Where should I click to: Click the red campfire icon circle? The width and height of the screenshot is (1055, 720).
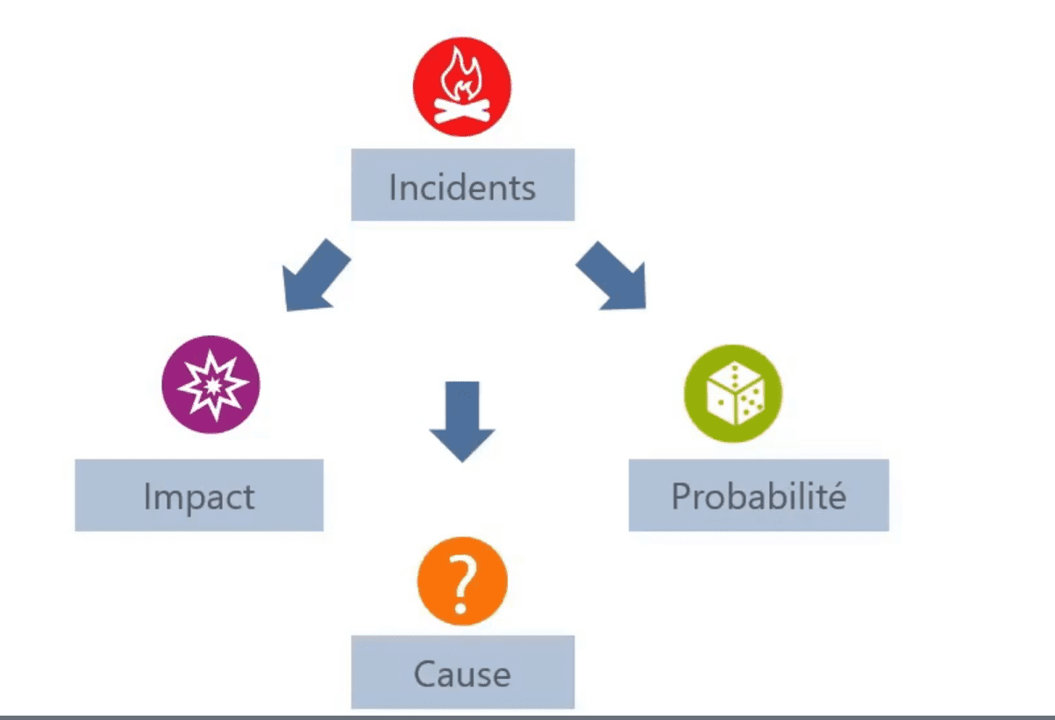(x=461, y=87)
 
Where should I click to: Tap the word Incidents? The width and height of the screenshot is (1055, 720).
(x=462, y=188)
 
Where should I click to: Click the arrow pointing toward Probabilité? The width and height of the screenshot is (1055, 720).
(x=611, y=276)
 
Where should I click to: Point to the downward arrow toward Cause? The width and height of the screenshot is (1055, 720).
(x=462, y=422)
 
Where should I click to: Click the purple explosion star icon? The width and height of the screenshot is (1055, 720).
(x=210, y=384)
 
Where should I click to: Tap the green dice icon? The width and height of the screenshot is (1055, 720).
(x=733, y=393)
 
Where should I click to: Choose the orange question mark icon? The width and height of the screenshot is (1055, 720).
(x=462, y=581)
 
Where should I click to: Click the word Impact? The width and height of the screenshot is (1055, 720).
(x=199, y=496)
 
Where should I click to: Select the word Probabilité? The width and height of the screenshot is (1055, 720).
(x=759, y=495)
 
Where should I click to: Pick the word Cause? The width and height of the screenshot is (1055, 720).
(x=462, y=674)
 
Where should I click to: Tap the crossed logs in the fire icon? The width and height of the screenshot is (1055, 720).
(x=461, y=111)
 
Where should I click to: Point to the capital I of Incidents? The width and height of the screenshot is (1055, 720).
(x=392, y=188)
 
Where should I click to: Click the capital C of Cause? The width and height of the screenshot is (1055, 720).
(x=424, y=674)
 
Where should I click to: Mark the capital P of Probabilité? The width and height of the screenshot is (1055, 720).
(x=681, y=495)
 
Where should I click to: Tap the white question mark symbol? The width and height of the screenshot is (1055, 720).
(x=461, y=583)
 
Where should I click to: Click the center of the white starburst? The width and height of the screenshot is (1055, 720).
(x=213, y=386)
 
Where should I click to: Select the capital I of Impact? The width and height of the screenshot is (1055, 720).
(x=147, y=495)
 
